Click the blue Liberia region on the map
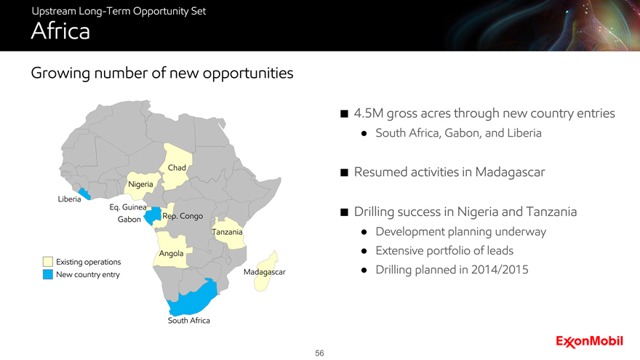84,193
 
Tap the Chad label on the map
177,168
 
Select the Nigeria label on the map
140,185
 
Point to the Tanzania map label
227,232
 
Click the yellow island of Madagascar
265,271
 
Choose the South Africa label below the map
188,321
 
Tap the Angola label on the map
171,254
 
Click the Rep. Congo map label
183,216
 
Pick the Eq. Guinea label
128,207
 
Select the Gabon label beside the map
129,219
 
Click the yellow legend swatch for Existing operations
48,262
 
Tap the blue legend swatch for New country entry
48,274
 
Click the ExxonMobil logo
589,342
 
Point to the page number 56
319,353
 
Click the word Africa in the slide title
60,31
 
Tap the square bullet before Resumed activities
344,172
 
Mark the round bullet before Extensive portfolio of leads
364,251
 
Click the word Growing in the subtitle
60,73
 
